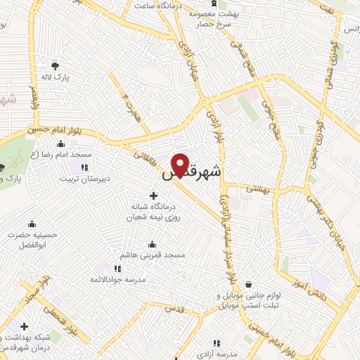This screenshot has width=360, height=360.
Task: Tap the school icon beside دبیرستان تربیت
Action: tap(84, 167)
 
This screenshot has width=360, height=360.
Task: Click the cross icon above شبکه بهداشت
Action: tap(25, 327)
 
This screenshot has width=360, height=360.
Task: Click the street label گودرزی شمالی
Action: tap(326, 74)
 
